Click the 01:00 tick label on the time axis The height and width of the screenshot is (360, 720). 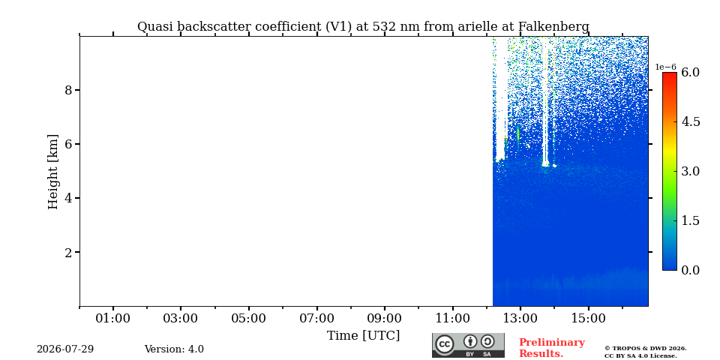tap(113, 318)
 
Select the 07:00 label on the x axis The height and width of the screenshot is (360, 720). tap(316, 318)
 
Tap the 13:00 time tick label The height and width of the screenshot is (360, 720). tap(520, 318)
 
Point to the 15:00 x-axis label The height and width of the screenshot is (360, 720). tap(588, 318)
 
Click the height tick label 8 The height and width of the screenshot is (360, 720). tap(69, 90)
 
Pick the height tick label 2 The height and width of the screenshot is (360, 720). tap(69, 252)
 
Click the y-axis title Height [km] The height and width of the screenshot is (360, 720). tap(53, 172)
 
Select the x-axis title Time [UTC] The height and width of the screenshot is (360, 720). tap(363, 336)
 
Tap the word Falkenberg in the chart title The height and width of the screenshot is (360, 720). tap(553, 27)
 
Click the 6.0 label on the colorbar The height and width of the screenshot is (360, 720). tap(690, 72)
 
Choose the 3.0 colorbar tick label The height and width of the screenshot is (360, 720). tap(690, 171)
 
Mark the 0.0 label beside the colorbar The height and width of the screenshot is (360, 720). tap(690, 270)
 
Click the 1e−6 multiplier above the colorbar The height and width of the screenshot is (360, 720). tap(665, 67)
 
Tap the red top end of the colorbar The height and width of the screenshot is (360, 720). tap(670, 74)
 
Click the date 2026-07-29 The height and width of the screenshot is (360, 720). tap(65, 349)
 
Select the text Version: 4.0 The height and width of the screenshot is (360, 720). tap(174, 349)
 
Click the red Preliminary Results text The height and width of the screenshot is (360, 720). tap(552, 348)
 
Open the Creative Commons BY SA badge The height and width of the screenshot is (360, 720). tap(468, 345)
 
